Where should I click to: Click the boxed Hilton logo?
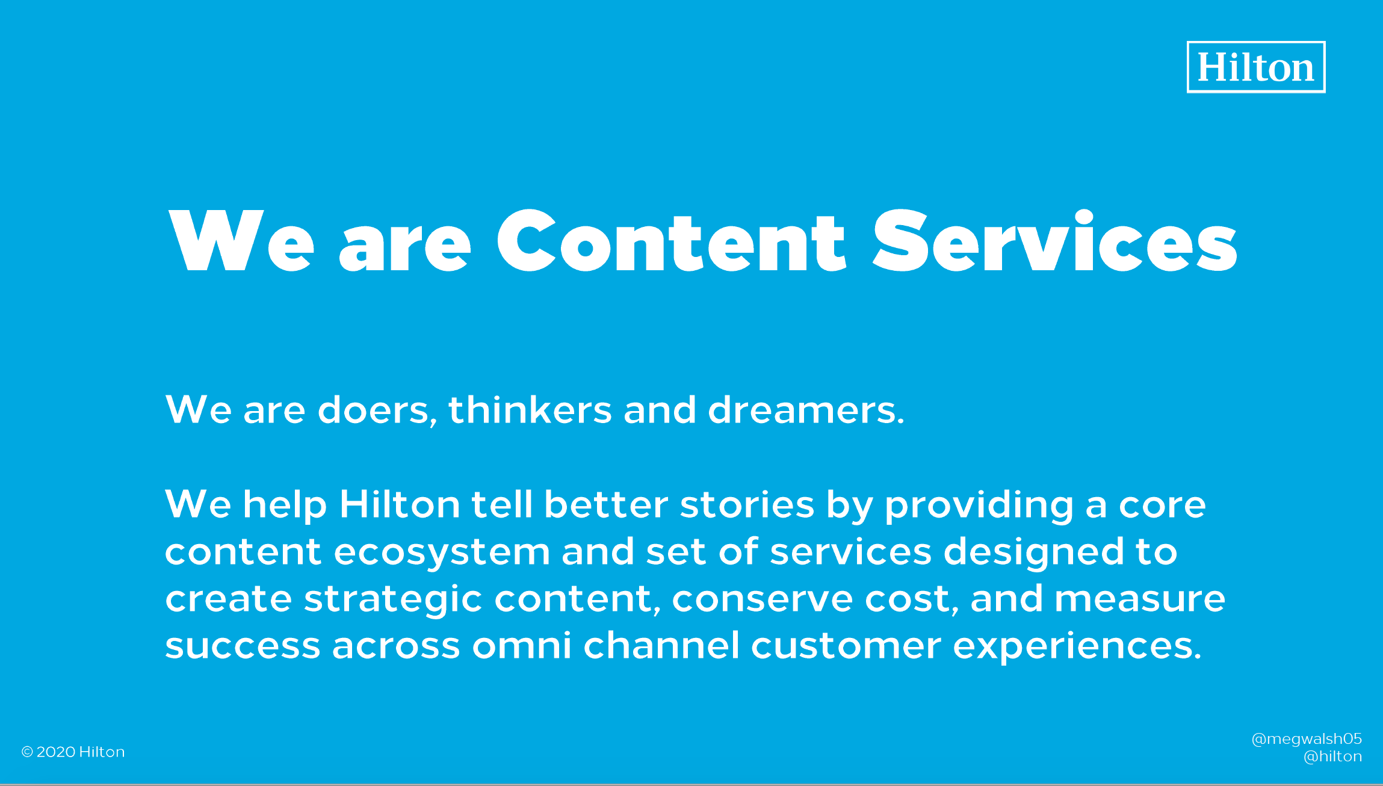click(1256, 67)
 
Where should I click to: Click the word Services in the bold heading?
click(1054, 241)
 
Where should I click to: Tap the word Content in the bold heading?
click(672, 241)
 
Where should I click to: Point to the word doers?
click(377, 410)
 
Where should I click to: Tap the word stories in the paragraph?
click(747, 504)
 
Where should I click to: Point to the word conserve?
click(762, 599)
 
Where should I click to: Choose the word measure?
click(1140, 599)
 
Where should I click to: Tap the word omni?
click(522, 645)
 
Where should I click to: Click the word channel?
click(661, 645)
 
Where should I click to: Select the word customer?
click(846, 646)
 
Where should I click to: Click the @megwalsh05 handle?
click(1307, 739)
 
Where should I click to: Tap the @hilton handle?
click(1332, 757)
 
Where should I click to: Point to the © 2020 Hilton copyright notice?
click(73, 752)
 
